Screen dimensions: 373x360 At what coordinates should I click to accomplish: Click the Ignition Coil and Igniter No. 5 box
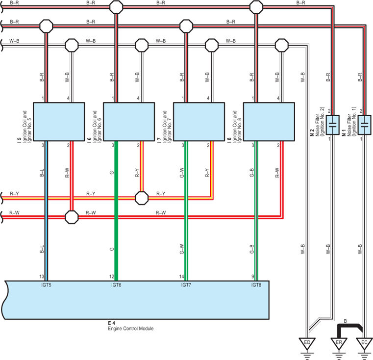[59, 122]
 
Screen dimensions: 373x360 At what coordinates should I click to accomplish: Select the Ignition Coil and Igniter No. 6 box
[129, 122]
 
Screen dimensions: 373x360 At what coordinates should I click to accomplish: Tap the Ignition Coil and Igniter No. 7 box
[199, 122]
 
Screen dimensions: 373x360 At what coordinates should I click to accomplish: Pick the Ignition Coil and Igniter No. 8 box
[269, 122]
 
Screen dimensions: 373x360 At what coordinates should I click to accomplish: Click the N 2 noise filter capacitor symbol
[332, 125]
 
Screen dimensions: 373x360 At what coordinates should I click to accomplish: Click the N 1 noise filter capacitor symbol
[365, 125]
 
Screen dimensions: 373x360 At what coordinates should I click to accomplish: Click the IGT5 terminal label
[46, 285]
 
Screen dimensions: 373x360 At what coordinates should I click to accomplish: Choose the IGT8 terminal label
[256, 285]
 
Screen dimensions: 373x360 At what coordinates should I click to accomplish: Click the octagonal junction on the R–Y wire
[142, 198]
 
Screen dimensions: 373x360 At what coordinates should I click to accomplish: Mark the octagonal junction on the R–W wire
[72, 217]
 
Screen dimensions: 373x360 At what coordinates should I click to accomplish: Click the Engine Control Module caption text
[130, 329]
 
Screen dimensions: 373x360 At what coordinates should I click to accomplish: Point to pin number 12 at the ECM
[112, 277]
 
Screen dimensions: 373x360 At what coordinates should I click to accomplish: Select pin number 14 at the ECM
[182, 277]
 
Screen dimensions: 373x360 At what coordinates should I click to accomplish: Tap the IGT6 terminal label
[116, 285]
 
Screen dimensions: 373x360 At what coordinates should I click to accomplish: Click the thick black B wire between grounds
[349, 325]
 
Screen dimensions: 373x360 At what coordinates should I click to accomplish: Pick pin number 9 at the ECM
[252, 277]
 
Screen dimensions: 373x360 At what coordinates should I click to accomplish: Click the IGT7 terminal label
[186, 285]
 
